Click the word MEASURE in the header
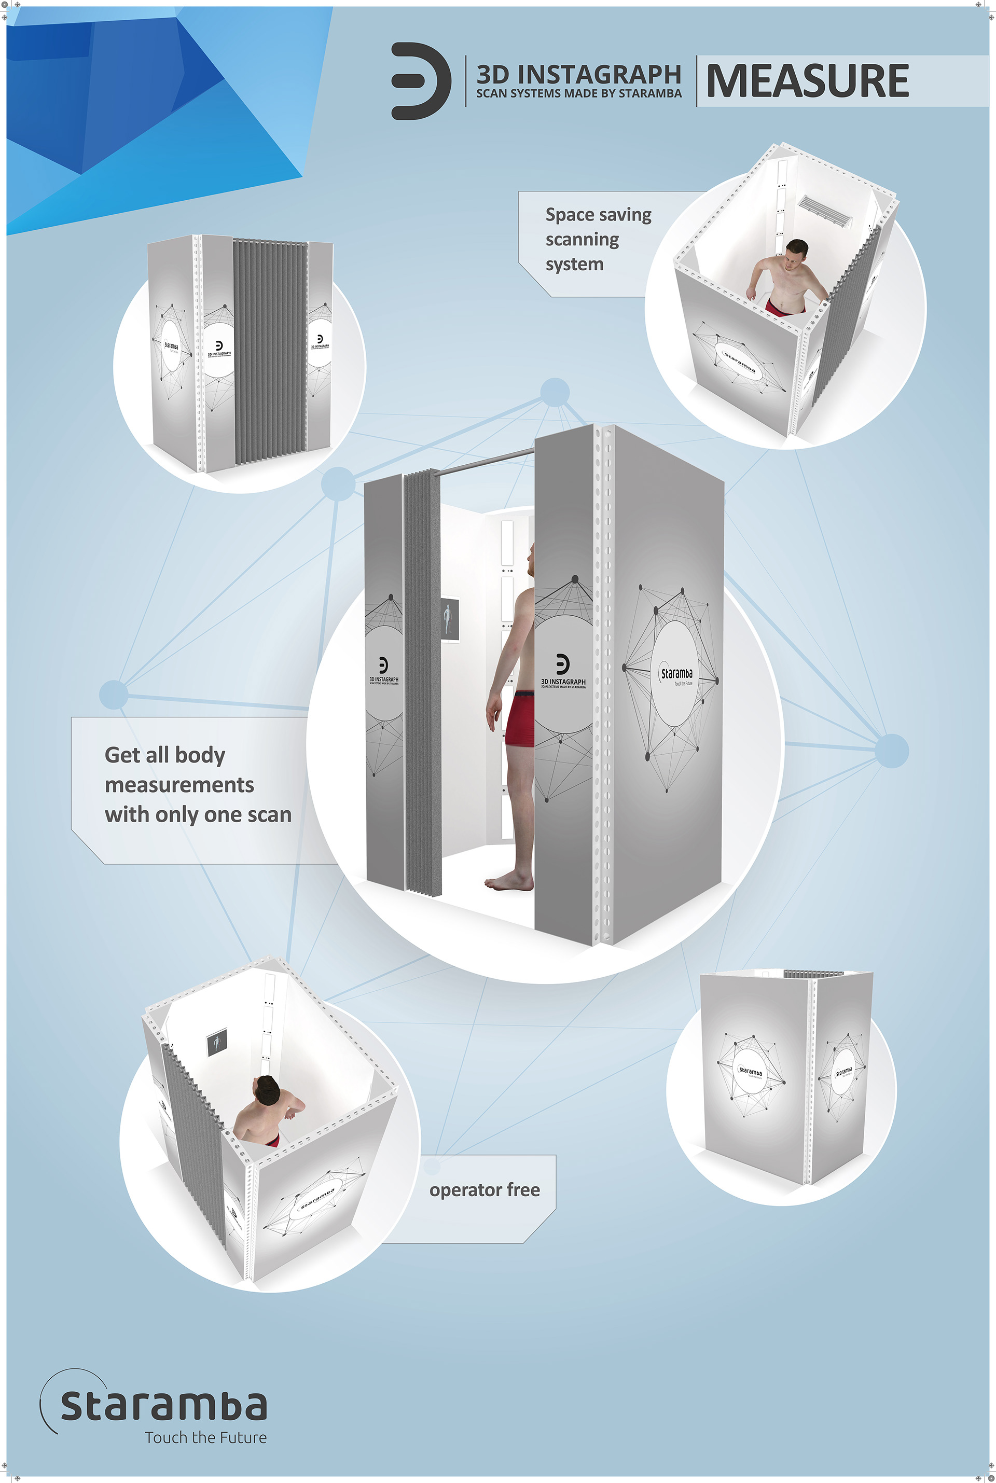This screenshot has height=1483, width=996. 807,81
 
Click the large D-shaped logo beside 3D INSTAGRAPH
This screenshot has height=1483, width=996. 420,81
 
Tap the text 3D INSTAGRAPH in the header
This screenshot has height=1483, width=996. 578,74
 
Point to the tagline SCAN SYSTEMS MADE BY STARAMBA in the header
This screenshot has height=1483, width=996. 578,94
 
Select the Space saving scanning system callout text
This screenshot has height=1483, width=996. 597,240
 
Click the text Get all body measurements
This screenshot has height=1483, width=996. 178,769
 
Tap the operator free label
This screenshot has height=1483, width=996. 484,1189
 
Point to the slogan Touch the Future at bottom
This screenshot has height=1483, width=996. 205,1437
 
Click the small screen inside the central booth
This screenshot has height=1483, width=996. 449,619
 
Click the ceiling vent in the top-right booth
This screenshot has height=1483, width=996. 824,211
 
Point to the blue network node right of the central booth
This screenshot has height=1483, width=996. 891,751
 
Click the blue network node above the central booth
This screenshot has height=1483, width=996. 555,392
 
